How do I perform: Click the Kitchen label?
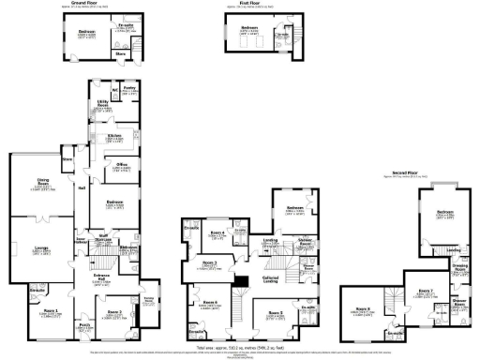point(114,137)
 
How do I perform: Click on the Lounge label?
point(41,250)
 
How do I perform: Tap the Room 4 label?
point(217,233)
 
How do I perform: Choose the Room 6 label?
point(211,301)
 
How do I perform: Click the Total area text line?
point(239,347)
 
